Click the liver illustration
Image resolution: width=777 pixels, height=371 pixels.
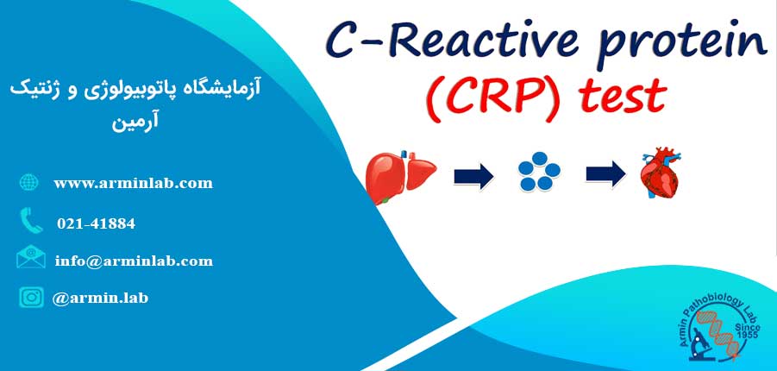[400, 176]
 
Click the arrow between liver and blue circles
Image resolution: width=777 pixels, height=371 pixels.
[473, 176]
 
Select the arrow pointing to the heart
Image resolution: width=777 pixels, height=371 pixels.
[605, 174]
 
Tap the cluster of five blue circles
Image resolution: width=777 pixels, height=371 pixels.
[539, 174]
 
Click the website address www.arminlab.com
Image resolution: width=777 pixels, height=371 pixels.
[133, 184]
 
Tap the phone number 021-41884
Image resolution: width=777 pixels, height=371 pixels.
[96, 223]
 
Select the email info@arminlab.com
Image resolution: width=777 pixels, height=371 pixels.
[134, 261]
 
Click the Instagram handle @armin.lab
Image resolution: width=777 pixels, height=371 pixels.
[100, 298]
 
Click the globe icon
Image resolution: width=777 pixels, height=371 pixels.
[28, 183]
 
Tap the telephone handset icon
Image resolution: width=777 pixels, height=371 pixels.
[31, 220]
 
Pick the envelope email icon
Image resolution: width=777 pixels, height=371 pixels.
[31, 257]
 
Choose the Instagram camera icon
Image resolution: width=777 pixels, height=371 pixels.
[31, 297]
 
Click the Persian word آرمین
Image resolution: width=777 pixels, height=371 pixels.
[135, 122]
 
